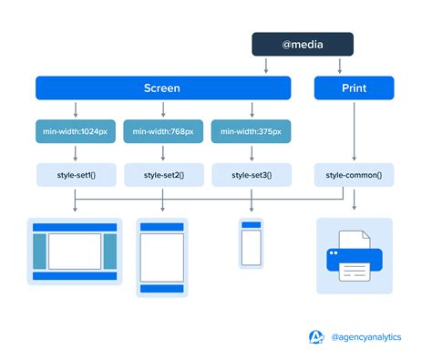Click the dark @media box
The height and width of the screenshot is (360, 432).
point(303,44)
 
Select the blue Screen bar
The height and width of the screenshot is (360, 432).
point(163,88)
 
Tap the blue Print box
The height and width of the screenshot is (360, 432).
point(354,88)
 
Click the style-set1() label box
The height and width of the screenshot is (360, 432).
point(75,174)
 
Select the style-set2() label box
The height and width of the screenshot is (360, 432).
point(163,174)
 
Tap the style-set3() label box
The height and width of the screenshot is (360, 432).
point(252,174)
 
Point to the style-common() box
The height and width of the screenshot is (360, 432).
point(354,174)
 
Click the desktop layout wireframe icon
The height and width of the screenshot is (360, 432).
point(75,250)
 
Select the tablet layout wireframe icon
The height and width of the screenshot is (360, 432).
point(162,257)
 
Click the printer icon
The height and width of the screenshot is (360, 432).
point(354,256)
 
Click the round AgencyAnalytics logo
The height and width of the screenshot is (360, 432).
point(316,337)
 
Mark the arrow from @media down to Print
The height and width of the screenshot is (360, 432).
point(340,66)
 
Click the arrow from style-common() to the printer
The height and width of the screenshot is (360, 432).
point(354,200)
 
